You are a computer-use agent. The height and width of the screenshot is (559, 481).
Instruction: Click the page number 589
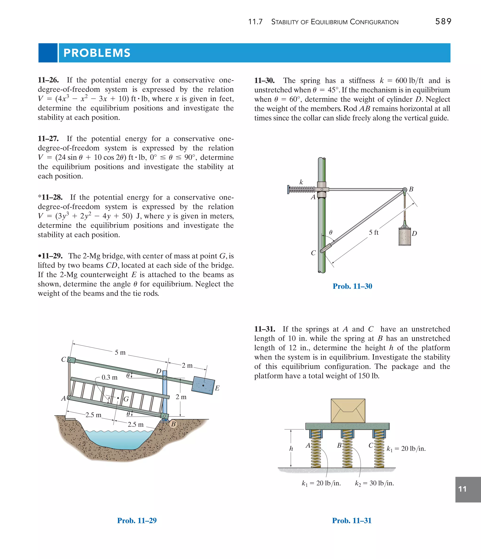[x=443, y=22]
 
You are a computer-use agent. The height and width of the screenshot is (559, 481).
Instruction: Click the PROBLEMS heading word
[x=97, y=53]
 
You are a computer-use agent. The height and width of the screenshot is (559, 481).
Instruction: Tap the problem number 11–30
[x=264, y=81]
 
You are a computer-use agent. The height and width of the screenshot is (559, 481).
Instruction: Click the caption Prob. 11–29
[x=137, y=520]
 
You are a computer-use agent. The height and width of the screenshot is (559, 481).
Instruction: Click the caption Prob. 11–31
[x=352, y=520]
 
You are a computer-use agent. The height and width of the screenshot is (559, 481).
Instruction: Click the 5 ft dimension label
[x=373, y=233]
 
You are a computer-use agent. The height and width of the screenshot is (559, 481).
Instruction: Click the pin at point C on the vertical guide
[x=322, y=251]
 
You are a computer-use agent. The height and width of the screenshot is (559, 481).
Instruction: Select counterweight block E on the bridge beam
[x=203, y=385]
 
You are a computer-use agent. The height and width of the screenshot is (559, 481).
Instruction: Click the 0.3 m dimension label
[x=109, y=377]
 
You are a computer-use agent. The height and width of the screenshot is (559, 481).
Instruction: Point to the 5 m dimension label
[x=120, y=352]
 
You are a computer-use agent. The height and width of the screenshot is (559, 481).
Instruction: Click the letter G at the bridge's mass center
[x=126, y=399]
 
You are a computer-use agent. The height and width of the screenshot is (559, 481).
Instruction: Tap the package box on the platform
[x=348, y=411]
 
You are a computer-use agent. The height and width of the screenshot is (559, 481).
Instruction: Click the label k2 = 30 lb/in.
[x=374, y=483]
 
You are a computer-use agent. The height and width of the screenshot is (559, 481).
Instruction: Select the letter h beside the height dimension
[x=291, y=448]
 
